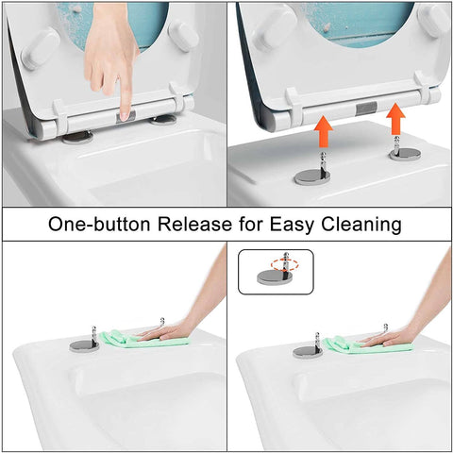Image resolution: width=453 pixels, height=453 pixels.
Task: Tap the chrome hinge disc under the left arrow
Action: click(x=313, y=176)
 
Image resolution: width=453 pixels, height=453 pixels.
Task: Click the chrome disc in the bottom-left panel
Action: click(x=83, y=345)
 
